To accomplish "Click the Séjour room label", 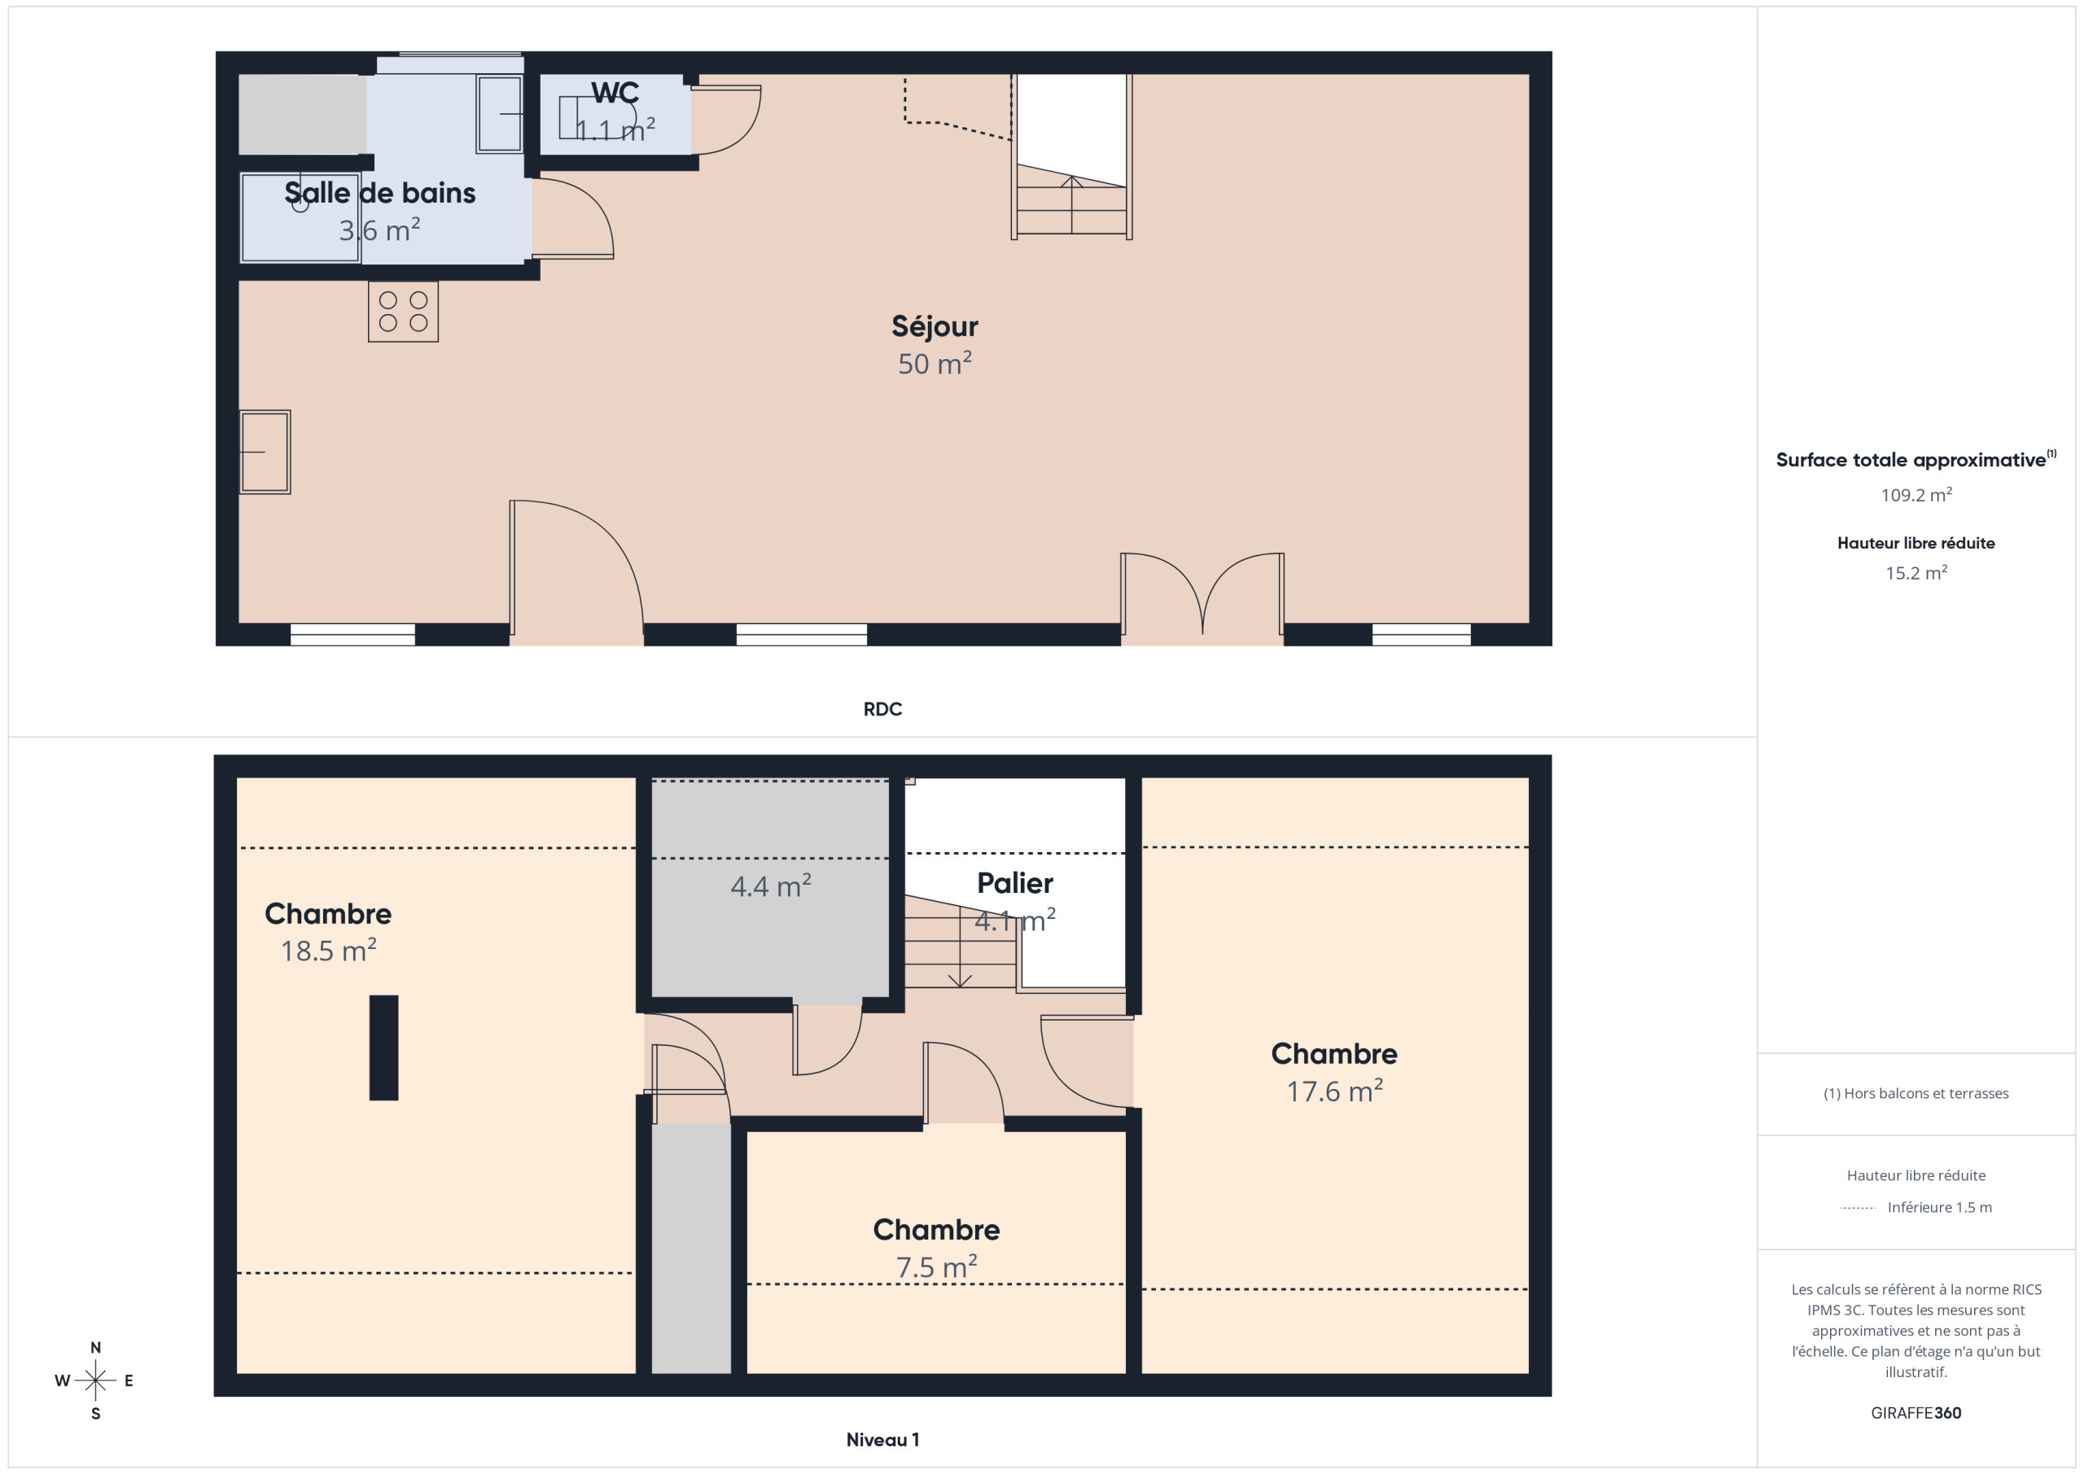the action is [934, 326].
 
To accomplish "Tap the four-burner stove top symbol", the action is [403, 311].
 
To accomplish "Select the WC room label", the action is [615, 93].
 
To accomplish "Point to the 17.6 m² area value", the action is [1333, 1090].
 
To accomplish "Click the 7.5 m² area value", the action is [936, 1266].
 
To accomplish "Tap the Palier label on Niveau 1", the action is [1015, 883].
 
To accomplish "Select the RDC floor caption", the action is [882, 709].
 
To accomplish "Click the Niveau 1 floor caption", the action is [882, 1440].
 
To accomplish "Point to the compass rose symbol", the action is [95, 1380].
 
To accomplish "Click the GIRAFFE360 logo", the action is [1915, 1413].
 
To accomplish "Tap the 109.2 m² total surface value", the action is [1915, 495].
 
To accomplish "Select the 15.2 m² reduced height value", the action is [1915, 573].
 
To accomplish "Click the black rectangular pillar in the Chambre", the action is [384, 1048].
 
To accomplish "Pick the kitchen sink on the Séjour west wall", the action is [265, 452].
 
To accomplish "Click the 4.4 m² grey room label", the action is [771, 886].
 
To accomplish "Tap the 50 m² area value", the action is [934, 363].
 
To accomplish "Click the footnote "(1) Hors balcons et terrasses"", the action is [1915, 1094].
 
